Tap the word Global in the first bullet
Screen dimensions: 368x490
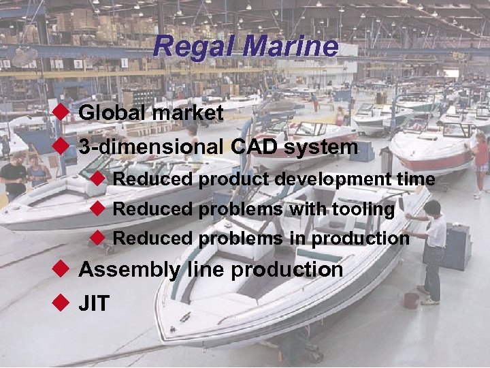(112, 112)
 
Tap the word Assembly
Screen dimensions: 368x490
(129, 270)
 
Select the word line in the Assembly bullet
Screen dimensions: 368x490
(206, 270)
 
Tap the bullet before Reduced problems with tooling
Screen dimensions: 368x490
(97, 208)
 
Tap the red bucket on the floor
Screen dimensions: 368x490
(410, 301)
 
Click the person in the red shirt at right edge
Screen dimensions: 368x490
(481, 164)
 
